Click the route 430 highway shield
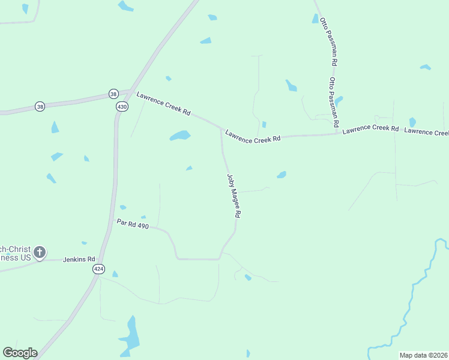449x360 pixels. click(x=122, y=106)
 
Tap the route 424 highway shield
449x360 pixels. click(x=98, y=269)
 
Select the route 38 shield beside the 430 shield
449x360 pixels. click(x=113, y=94)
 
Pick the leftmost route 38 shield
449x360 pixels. click(x=40, y=106)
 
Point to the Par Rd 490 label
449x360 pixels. click(x=132, y=224)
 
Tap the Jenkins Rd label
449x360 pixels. click(x=79, y=259)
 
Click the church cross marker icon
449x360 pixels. click(x=40, y=252)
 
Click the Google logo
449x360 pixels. click(x=20, y=353)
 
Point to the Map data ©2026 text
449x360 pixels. click(x=423, y=355)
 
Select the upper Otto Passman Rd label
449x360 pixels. click(x=329, y=41)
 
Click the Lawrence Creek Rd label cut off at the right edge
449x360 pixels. click(x=426, y=131)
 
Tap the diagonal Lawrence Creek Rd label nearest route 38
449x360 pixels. click(x=163, y=103)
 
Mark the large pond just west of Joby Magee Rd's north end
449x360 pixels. click(x=179, y=136)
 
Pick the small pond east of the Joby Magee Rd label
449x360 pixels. click(x=281, y=175)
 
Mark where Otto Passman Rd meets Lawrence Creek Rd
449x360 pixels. click(x=336, y=133)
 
